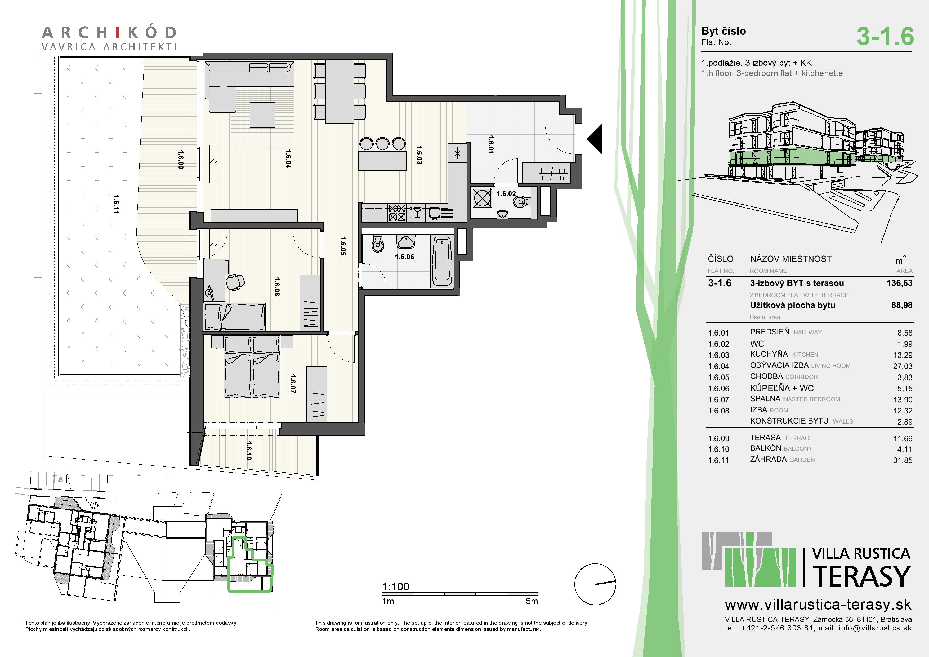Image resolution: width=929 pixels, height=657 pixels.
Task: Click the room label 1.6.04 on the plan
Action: click(x=288, y=159)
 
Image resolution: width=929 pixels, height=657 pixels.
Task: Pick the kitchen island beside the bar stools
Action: click(x=382, y=161)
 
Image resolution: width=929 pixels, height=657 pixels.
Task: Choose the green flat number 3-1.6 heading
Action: click(x=885, y=36)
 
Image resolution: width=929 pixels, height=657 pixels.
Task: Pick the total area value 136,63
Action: click(x=899, y=283)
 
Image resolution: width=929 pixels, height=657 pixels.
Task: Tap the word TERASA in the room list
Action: click(x=765, y=438)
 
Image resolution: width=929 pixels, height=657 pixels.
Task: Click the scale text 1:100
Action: click(x=395, y=587)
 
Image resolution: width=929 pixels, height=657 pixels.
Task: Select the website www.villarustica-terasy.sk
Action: click(x=818, y=605)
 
